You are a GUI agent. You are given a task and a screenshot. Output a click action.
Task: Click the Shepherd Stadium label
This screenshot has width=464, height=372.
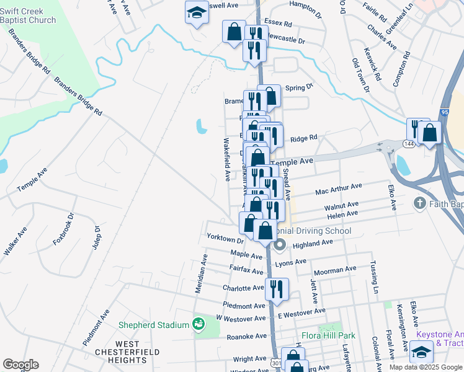coord(153,325)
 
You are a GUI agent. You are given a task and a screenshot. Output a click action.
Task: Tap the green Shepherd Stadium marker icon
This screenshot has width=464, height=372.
coord(198,324)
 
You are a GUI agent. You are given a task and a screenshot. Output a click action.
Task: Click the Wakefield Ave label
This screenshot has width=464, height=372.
coord(227,159)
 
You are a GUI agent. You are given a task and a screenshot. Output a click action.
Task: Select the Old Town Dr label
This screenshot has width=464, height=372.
coord(360,76)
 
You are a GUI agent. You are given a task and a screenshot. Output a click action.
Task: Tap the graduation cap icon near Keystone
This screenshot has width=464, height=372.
coord(422,352)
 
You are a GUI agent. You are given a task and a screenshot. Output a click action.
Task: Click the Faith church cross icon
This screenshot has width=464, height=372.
coord(419,203)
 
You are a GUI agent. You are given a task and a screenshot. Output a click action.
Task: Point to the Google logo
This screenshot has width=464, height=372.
coord(20,364)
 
